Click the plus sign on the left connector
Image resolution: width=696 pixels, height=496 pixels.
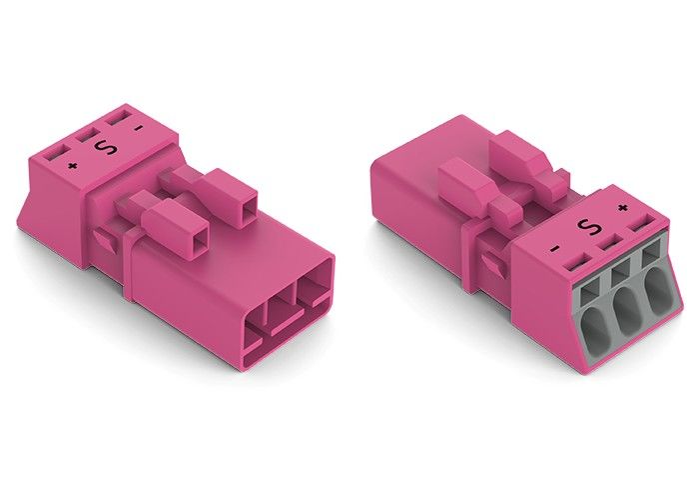point(70,162)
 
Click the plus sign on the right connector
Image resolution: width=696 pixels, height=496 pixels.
point(623,208)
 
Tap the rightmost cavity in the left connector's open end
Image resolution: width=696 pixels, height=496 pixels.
point(314,288)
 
